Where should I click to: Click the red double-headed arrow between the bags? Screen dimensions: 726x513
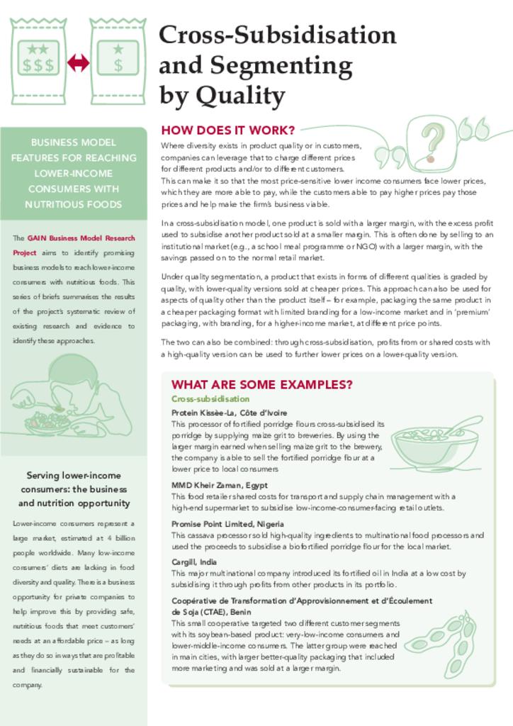78,63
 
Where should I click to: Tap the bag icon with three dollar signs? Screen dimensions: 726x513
38,60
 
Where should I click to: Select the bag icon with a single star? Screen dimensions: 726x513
118,60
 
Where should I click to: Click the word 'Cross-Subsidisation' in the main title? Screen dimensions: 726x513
277,35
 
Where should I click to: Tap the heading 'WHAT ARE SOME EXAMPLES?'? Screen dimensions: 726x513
262,384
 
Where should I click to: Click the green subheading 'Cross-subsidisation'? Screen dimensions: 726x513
210,399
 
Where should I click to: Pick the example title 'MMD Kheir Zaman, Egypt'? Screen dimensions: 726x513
219,485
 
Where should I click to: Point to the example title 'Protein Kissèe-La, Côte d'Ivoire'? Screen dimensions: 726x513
229,413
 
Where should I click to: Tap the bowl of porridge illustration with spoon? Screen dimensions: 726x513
434,445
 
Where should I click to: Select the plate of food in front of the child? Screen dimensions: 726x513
47,423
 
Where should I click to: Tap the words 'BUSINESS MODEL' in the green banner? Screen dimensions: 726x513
74,142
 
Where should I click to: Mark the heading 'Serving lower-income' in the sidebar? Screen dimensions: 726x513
74,475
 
